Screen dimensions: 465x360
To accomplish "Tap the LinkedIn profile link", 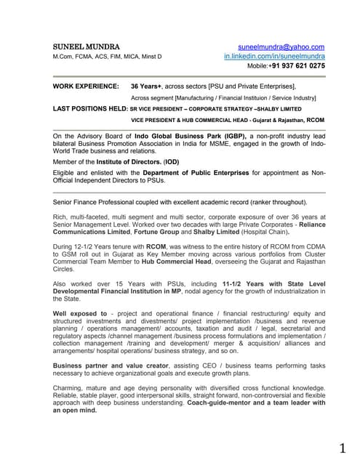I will [x=274, y=56].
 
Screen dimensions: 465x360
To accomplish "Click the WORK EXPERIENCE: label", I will [x=87, y=86].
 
